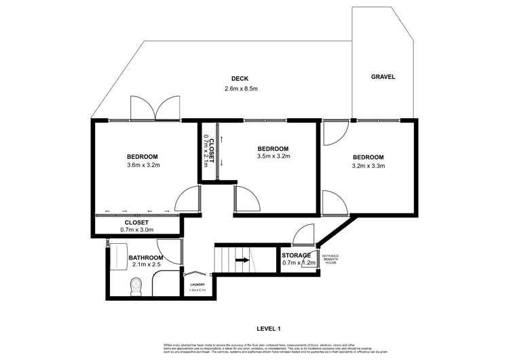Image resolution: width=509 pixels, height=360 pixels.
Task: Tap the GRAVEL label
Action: coord(383,77)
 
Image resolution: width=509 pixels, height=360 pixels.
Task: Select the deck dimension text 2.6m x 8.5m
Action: coord(241,89)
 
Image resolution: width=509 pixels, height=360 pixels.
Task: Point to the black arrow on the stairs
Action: coord(241,259)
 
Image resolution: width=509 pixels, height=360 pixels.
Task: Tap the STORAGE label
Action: coord(297,255)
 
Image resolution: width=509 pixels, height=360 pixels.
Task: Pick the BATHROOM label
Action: coord(146,258)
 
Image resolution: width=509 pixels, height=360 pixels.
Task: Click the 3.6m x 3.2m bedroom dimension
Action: coord(143,165)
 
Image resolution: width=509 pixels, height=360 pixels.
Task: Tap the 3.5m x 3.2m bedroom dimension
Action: coord(274,156)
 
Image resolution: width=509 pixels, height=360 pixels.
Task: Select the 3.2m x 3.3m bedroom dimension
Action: coord(368,165)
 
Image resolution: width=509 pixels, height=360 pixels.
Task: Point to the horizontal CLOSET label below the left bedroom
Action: coord(136,222)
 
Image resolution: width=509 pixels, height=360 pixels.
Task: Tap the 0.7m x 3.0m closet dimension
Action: coord(136,230)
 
